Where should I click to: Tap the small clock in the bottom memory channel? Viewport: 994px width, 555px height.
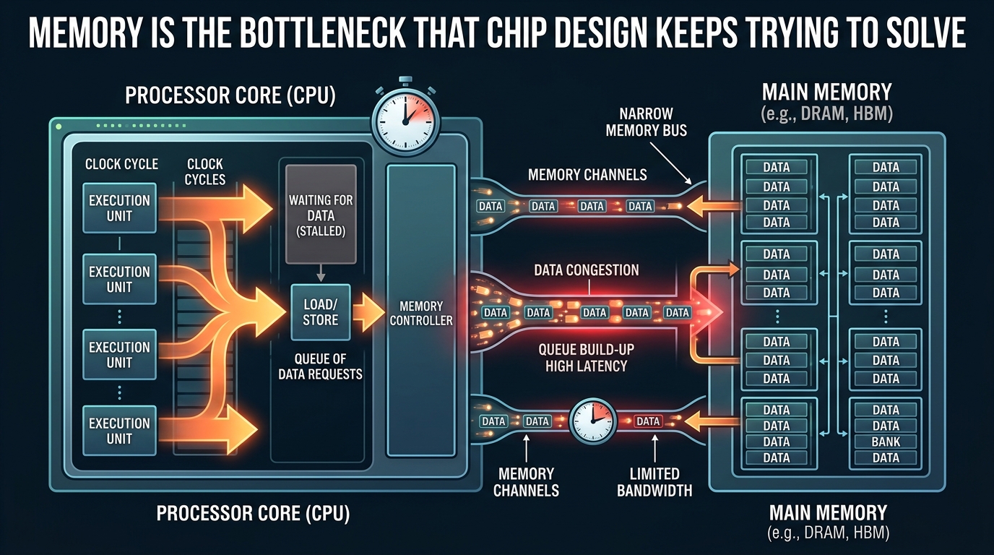coord(593,421)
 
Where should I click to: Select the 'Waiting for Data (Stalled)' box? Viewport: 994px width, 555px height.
coord(321,215)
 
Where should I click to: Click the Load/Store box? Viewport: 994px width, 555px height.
coord(321,312)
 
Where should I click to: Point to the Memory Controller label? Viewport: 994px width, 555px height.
coord(421,313)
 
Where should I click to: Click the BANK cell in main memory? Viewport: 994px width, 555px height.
coord(886,442)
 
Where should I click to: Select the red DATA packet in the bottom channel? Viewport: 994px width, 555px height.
coord(648,421)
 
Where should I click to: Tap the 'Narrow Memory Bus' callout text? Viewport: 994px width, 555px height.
coord(646,122)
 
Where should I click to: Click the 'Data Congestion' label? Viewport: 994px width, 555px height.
coord(586,270)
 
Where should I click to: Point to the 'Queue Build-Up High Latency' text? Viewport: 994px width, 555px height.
coord(586,358)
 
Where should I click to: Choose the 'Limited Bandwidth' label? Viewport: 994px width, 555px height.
coord(654,482)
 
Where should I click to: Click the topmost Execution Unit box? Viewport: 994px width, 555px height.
coord(119,208)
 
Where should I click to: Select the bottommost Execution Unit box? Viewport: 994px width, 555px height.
coord(119,431)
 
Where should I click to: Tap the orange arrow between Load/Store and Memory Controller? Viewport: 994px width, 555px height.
coord(368,312)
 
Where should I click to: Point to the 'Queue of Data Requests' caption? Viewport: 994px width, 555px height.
coord(321,366)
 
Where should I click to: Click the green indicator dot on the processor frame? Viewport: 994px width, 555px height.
coord(59,127)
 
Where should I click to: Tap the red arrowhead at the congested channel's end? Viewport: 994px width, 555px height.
coord(706,312)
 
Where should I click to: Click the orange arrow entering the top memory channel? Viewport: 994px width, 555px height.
coord(714,206)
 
